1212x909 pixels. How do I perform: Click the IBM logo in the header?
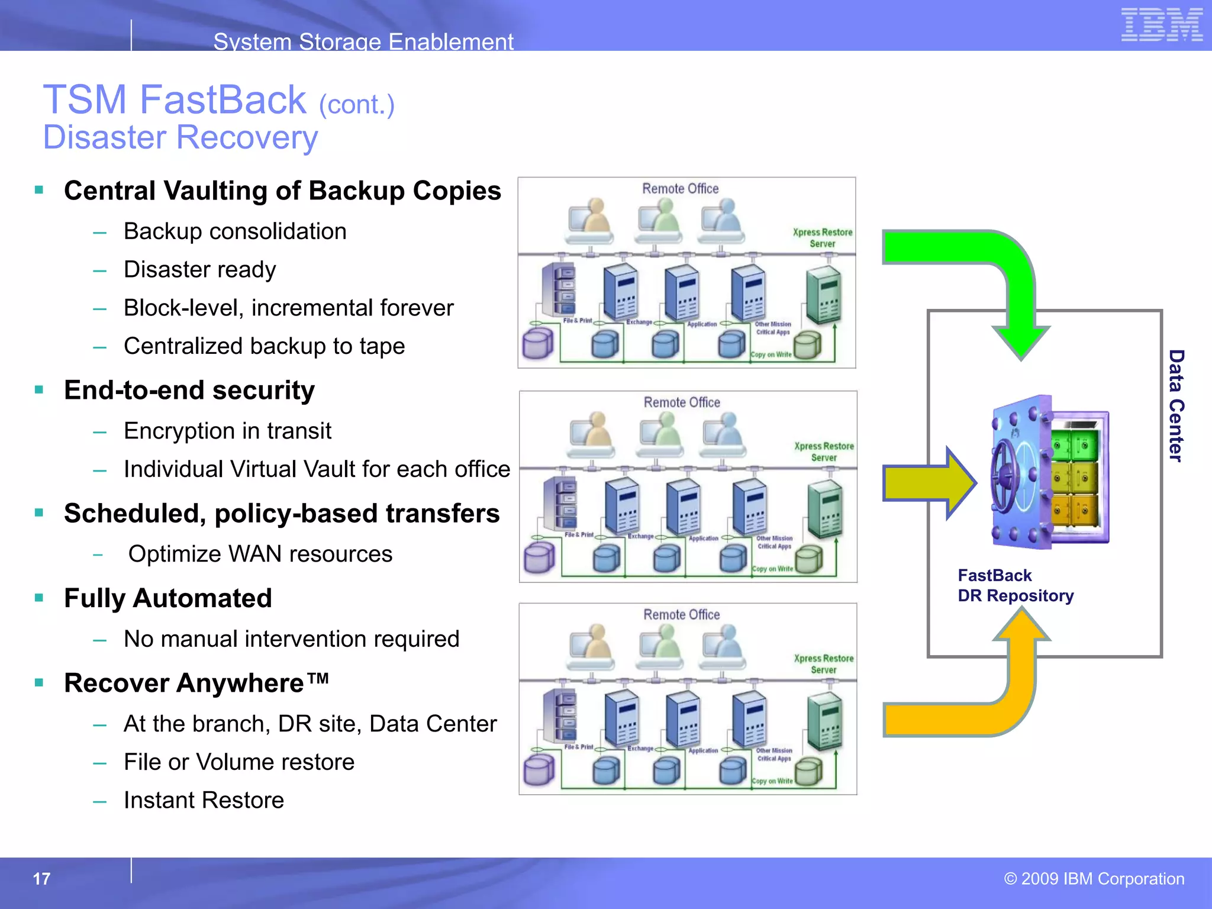point(1161,25)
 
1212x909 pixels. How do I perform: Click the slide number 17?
point(41,879)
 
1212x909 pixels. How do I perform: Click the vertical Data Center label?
point(1176,405)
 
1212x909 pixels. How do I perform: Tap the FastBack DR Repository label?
point(1015,585)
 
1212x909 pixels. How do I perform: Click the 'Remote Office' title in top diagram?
point(681,189)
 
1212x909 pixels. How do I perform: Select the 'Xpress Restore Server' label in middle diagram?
point(824,452)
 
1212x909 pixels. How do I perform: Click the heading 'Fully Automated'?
point(168,598)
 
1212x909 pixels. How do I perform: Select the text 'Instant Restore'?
point(204,800)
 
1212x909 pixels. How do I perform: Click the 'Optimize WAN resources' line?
point(260,554)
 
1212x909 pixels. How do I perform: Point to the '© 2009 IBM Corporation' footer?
point(1094,879)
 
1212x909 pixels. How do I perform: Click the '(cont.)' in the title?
point(356,105)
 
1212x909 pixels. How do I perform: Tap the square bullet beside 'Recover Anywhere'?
point(39,683)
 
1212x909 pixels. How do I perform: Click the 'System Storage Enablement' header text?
point(363,41)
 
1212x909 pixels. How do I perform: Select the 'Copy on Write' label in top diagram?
point(771,354)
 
